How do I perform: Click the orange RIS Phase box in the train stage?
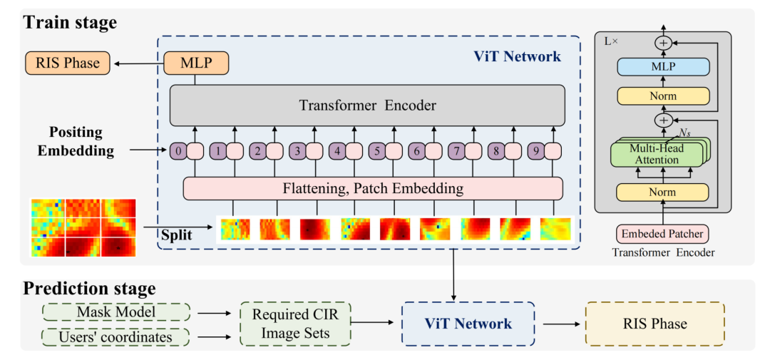(68, 63)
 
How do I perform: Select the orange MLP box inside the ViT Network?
(195, 63)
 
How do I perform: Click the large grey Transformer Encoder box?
(367, 106)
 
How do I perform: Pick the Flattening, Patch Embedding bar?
(373, 188)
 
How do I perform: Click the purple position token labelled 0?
(178, 152)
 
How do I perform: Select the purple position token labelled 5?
(376, 152)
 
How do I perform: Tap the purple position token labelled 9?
(535, 152)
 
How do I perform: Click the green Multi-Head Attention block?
(659, 154)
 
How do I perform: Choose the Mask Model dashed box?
(116, 312)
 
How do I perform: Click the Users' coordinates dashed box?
(116, 337)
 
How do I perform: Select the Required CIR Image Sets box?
(296, 324)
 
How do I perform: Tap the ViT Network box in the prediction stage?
(468, 324)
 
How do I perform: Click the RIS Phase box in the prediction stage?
(655, 324)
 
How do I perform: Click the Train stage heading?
(69, 23)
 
